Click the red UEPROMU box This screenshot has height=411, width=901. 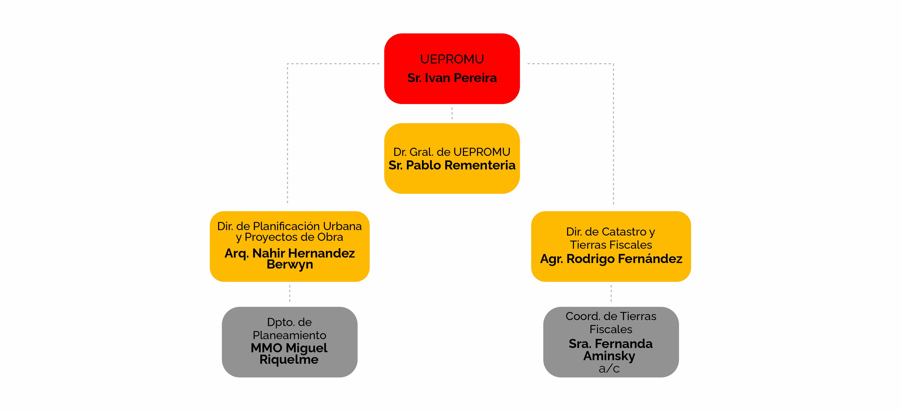pyautogui.click(x=452, y=68)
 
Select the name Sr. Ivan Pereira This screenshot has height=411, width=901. pyautogui.click(x=452, y=78)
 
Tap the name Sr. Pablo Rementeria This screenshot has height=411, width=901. pyautogui.click(x=452, y=165)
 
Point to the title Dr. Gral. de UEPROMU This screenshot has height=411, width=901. pyautogui.click(x=452, y=152)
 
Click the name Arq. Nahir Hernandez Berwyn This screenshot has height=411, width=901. pyautogui.click(x=290, y=258)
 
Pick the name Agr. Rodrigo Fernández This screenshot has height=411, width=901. pyautogui.click(x=611, y=259)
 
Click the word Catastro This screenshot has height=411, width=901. pyautogui.click(x=624, y=232)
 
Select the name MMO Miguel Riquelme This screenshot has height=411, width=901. pyautogui.click(x=289, y=353)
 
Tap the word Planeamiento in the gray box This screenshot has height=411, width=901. pyautogui.click(x=290, y=335)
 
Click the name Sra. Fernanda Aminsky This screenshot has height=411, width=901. pyautogui.click(x=611, y=350)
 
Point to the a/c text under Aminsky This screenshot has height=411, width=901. pyautogui.click(x=609, y=368)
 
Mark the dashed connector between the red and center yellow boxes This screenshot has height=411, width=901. pyautogui.click(x=452, y=113)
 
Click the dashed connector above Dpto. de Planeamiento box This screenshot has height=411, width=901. pyautogui.click(x=290, y=293)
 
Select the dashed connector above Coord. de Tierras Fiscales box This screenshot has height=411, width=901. pyautogui.click(x=611, y=293)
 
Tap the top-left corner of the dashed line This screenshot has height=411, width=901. pyautogui.click(x=287, y=64)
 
